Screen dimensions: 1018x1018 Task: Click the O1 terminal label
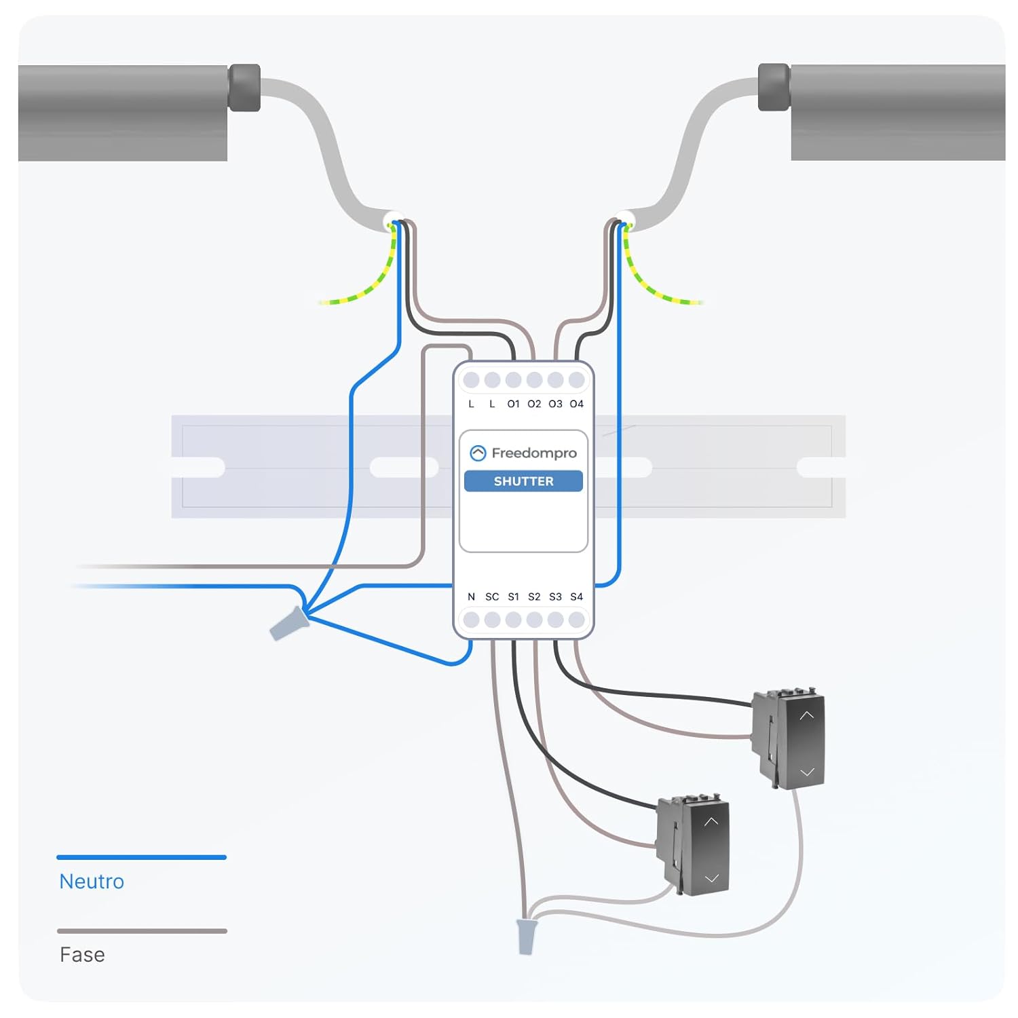[x=513, y=404]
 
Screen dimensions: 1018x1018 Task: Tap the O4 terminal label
[x=576, y=404]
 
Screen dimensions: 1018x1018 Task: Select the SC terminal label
[x=492, y=597]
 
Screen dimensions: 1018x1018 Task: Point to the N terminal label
[x=471, y=597]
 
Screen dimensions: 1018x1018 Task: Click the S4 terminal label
[x=576, y=597]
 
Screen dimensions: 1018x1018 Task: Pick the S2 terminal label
[x=534, y=597]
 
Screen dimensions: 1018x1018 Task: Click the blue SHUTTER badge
[x=523, y=481]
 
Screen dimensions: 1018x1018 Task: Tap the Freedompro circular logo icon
[x=478, y=453]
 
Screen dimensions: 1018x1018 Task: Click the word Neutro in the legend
[x=92, y=881]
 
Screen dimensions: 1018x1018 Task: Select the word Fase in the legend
[x=82, y=954]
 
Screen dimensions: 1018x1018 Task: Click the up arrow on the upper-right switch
[x=806, y=715]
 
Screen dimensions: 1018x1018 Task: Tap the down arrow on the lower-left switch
[x=711, y=878]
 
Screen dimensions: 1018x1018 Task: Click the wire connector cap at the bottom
[x=526, y=937]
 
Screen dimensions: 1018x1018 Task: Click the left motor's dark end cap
[x=244, y=88]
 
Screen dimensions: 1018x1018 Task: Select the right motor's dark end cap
[x=774, y=88]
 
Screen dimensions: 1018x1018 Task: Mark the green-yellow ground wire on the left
[x=366, y=288]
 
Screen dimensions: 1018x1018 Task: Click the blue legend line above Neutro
[x=141, y=857]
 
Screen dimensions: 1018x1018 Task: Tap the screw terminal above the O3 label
[x=555, y=380]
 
